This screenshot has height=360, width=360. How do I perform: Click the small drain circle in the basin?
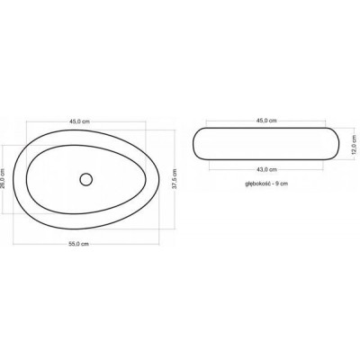86,179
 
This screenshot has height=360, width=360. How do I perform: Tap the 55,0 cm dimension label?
78,244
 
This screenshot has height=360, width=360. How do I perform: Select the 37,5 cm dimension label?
175,179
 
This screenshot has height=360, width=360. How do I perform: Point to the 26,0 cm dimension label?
3,179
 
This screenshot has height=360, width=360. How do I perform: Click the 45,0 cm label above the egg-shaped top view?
79,121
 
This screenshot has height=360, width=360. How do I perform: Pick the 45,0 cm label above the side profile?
266,121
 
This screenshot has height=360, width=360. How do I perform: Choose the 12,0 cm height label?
354,144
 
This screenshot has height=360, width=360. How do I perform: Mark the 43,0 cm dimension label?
266,169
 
